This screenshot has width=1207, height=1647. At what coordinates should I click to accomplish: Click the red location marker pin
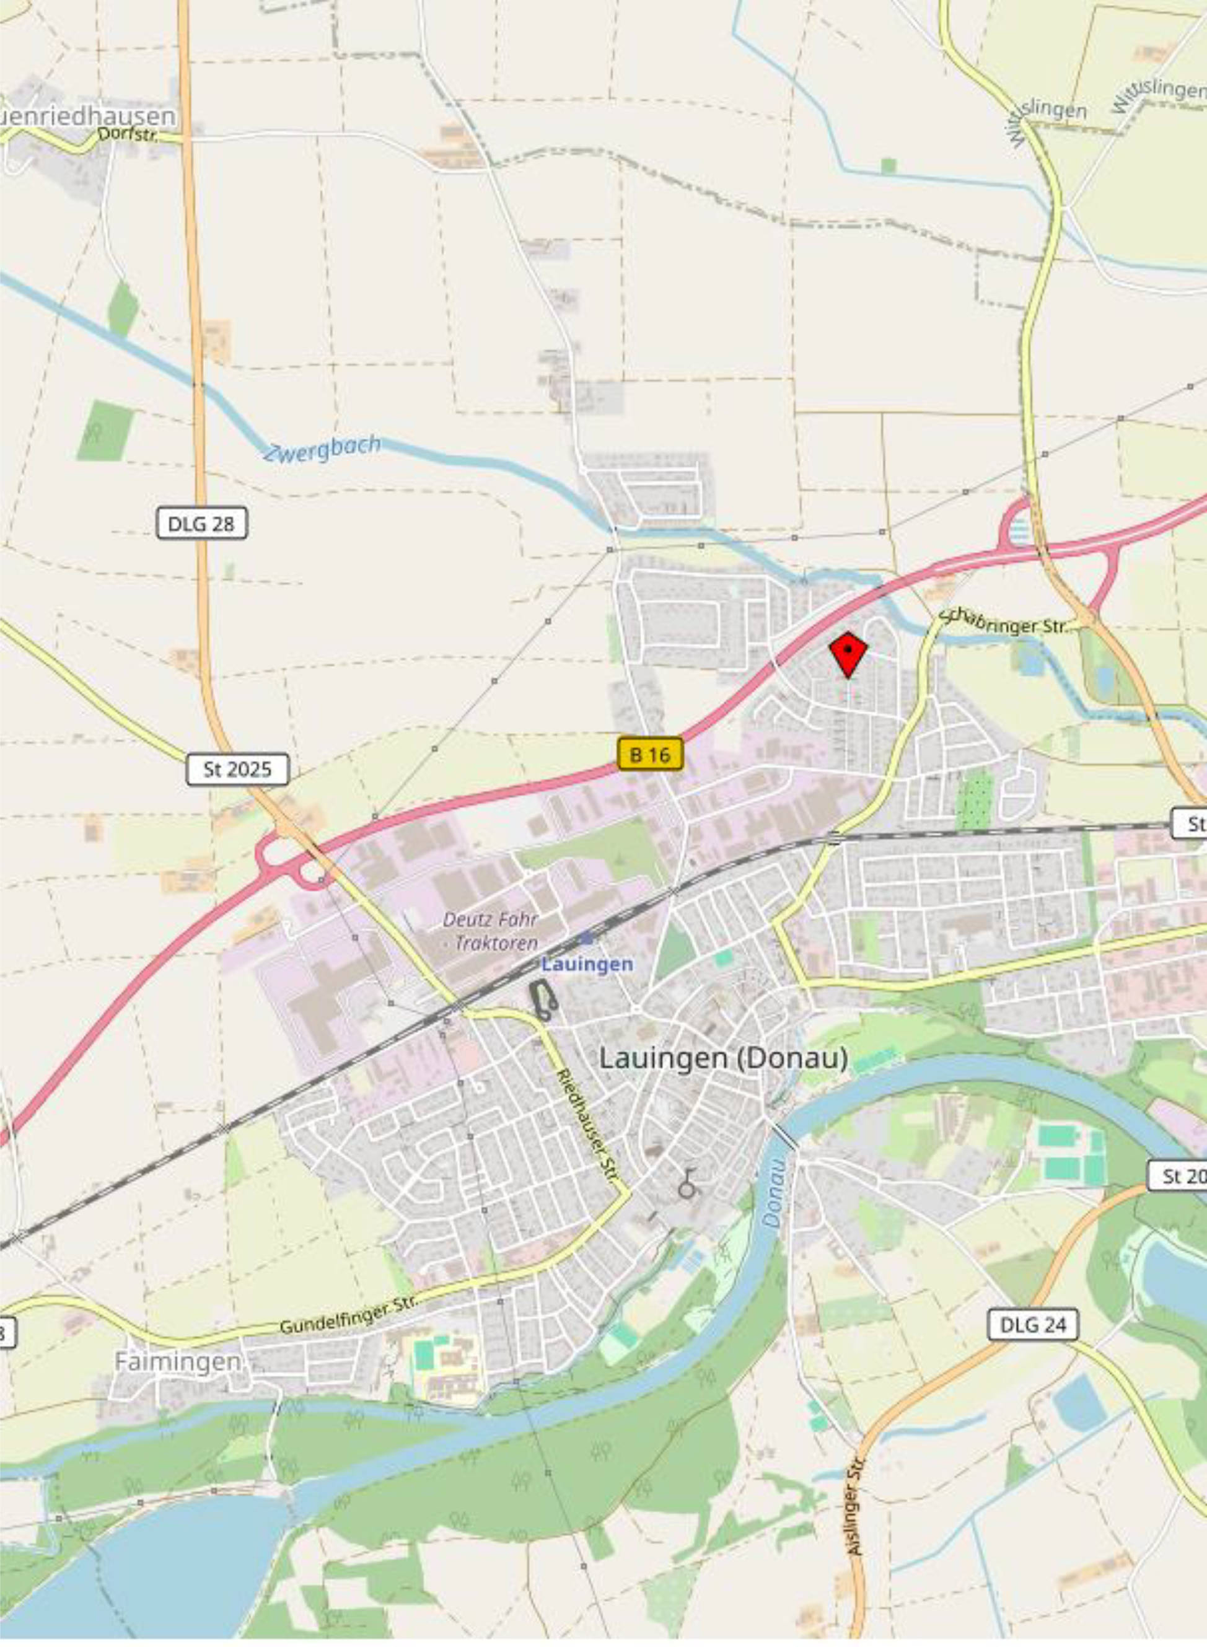tap(848, 652)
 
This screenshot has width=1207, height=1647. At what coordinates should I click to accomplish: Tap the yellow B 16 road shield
tap(649, 754)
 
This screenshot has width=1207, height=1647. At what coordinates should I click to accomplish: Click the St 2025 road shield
tap(237, 770)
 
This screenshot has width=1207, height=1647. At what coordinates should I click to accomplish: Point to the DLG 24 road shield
tap(1032, 1324)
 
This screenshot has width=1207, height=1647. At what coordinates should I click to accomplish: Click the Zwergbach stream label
tap(322, 448)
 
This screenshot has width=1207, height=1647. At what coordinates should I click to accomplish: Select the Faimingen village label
tap(178, 1361)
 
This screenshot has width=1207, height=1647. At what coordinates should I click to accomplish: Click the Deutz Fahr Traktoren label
tap(490, 930)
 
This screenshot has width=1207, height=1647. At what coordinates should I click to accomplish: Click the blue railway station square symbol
tap(586, 938)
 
